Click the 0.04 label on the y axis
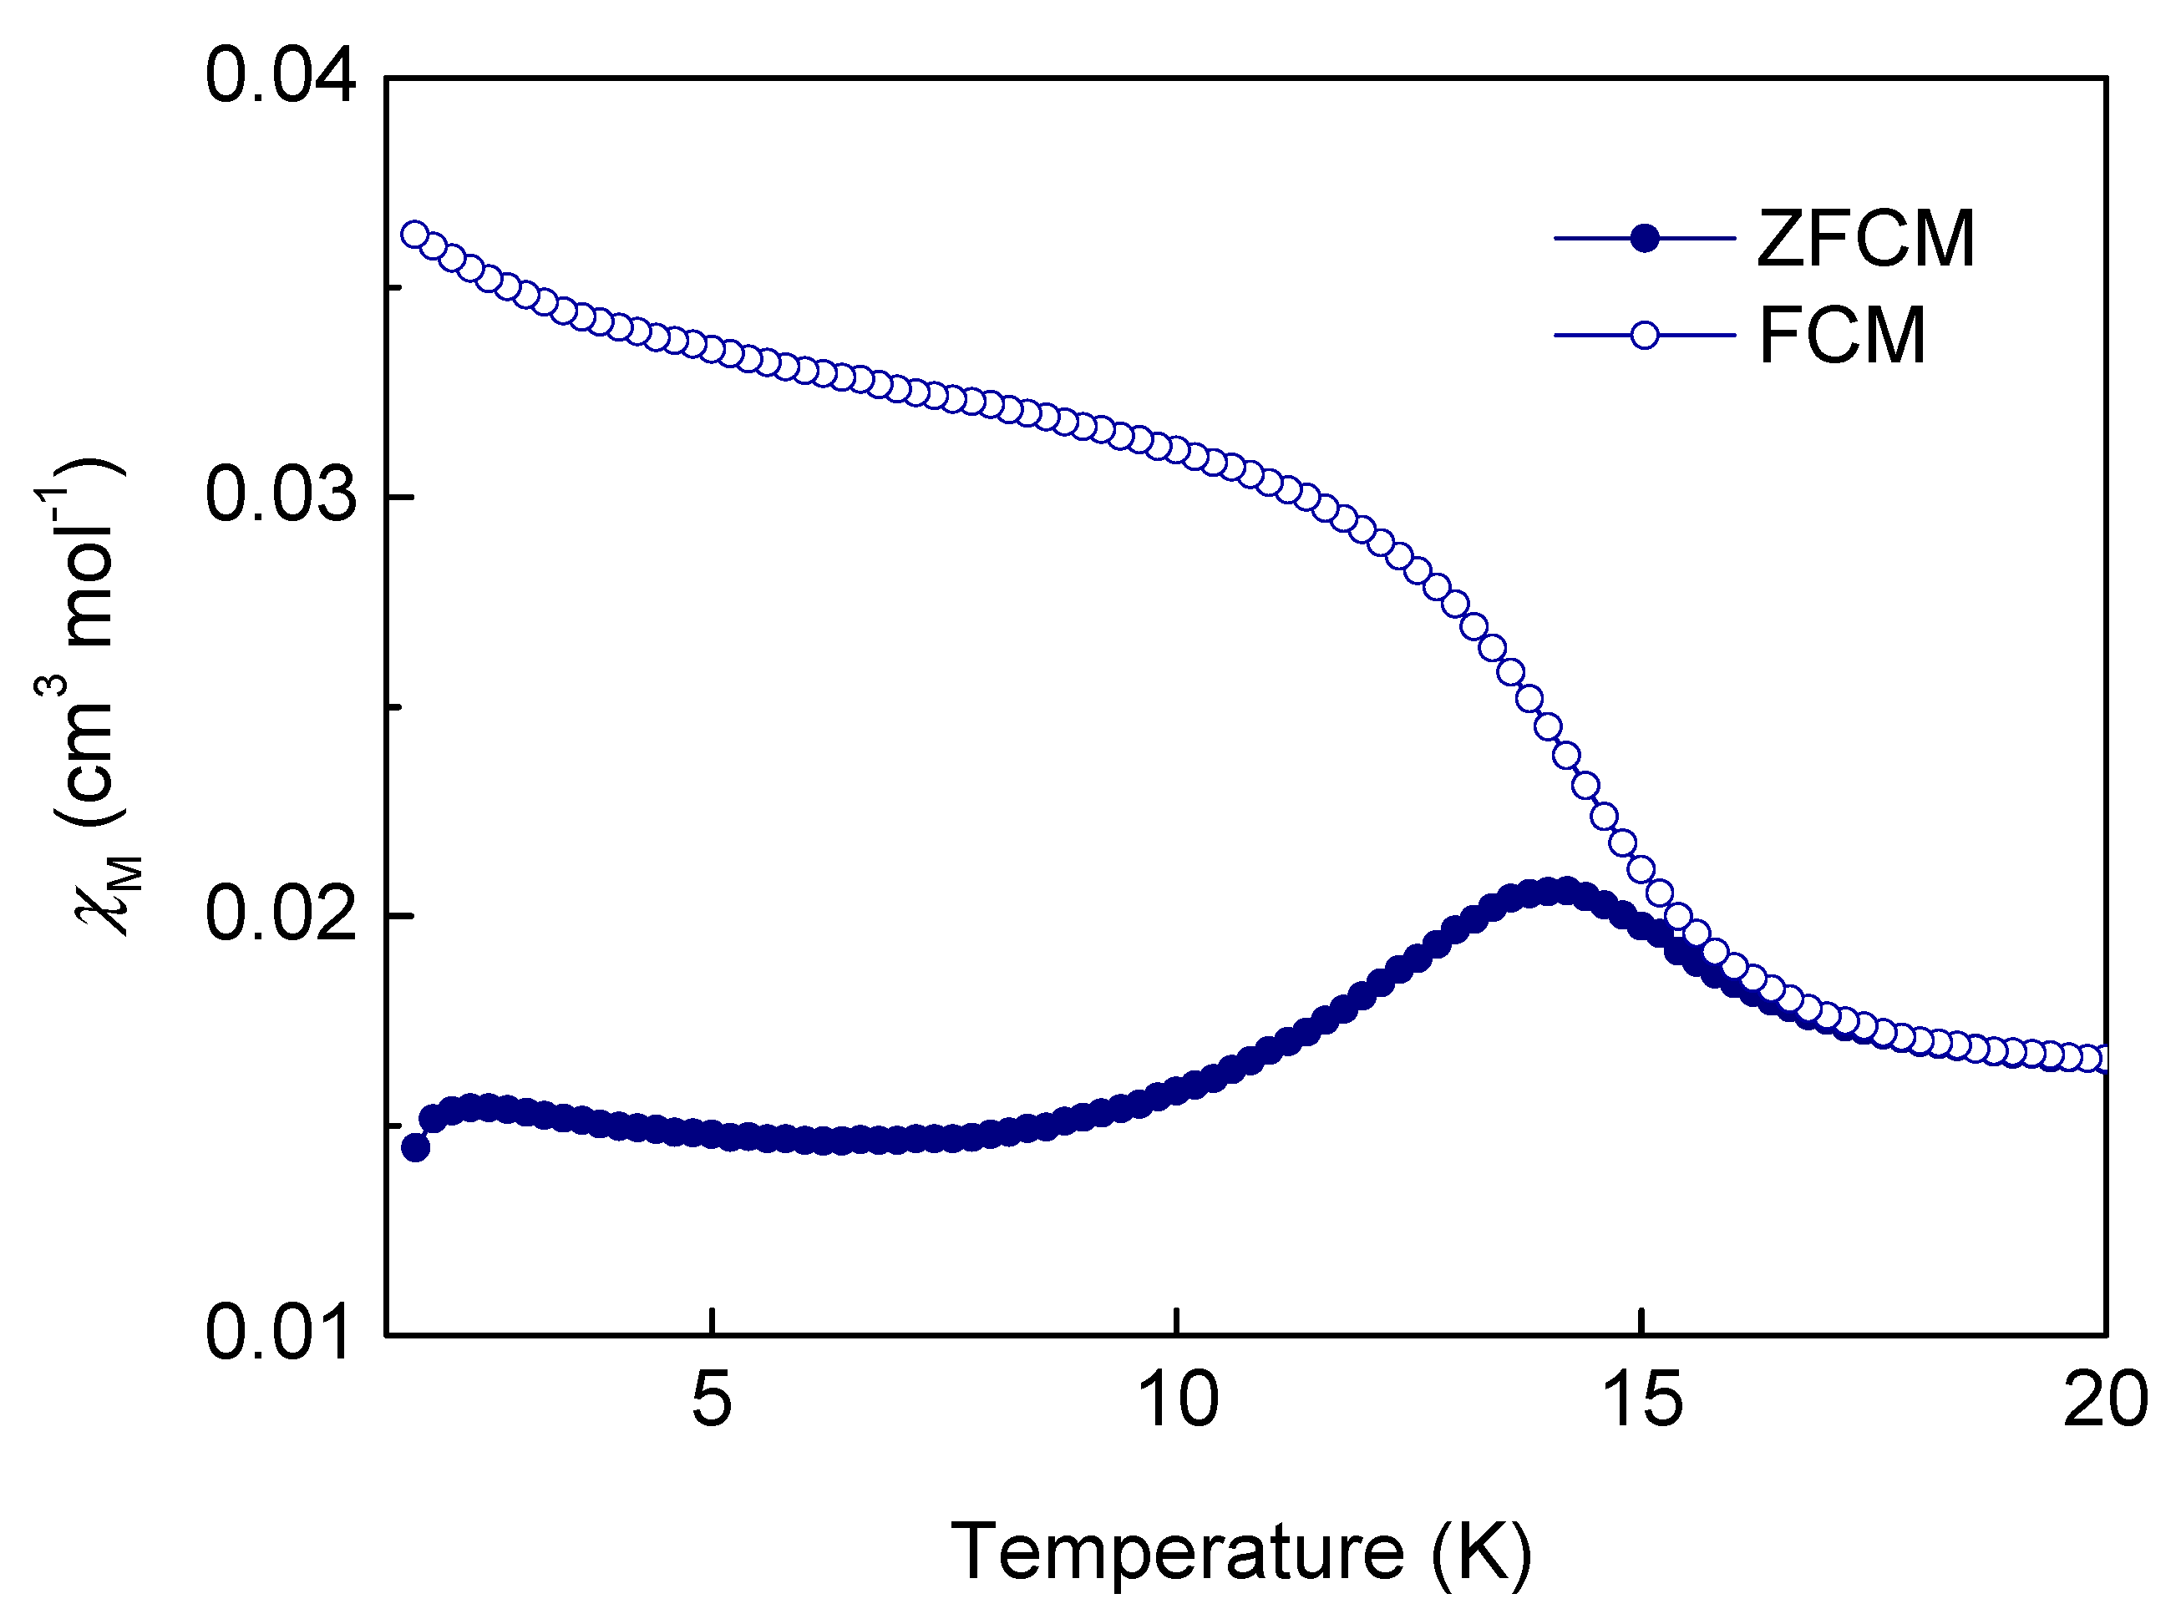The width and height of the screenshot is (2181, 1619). click(279, 78)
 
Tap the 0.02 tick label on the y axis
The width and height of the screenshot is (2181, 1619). click(279, 914)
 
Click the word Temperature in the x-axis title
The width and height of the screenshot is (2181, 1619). click(1177, 1551)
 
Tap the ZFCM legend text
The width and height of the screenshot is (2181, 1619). click(1864, 239)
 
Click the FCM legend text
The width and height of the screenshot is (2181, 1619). click(1842, 336)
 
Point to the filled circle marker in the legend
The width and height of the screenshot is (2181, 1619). click(1644, 238)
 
